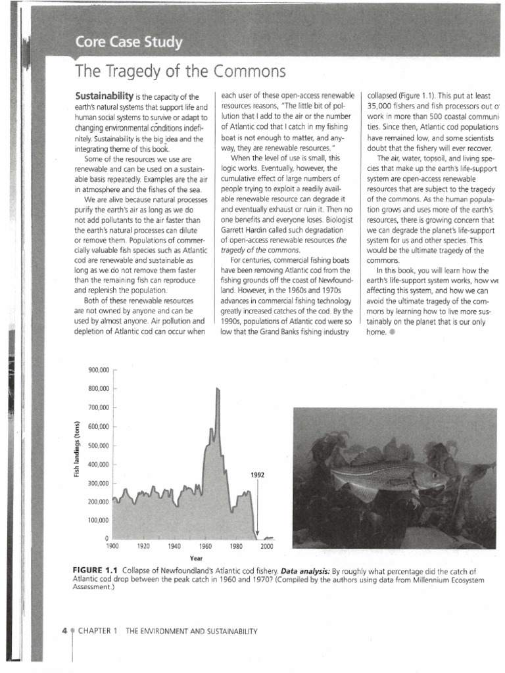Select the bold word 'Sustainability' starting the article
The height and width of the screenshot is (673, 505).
[x=105, y=96]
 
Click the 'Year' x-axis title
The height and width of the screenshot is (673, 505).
[x=195, y=558]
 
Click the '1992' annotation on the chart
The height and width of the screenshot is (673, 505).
[x=258, y=475]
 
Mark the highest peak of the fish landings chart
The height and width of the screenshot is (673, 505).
[x=218, y=390]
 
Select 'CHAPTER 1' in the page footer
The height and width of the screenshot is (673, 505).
[x=98, y=631]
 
